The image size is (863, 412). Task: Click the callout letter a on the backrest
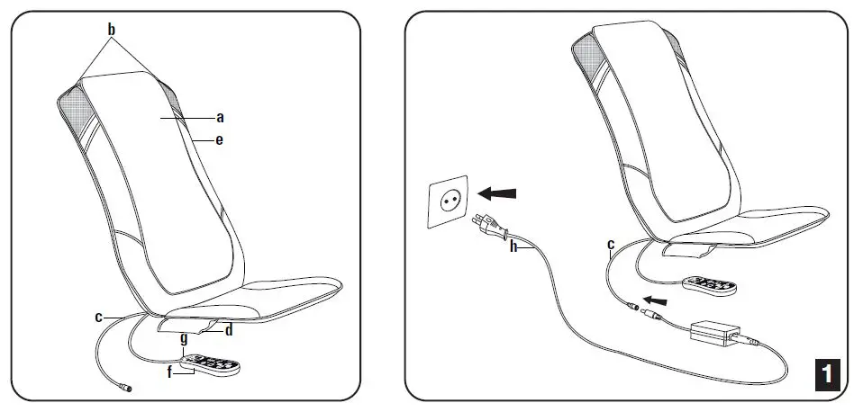[220, 117]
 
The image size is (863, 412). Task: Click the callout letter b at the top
[112, 31]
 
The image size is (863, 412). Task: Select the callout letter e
[220, 140]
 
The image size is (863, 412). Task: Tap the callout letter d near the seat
[229, 330]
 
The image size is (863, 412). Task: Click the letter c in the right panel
[610, 244]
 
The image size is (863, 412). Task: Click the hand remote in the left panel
[208, 365]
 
